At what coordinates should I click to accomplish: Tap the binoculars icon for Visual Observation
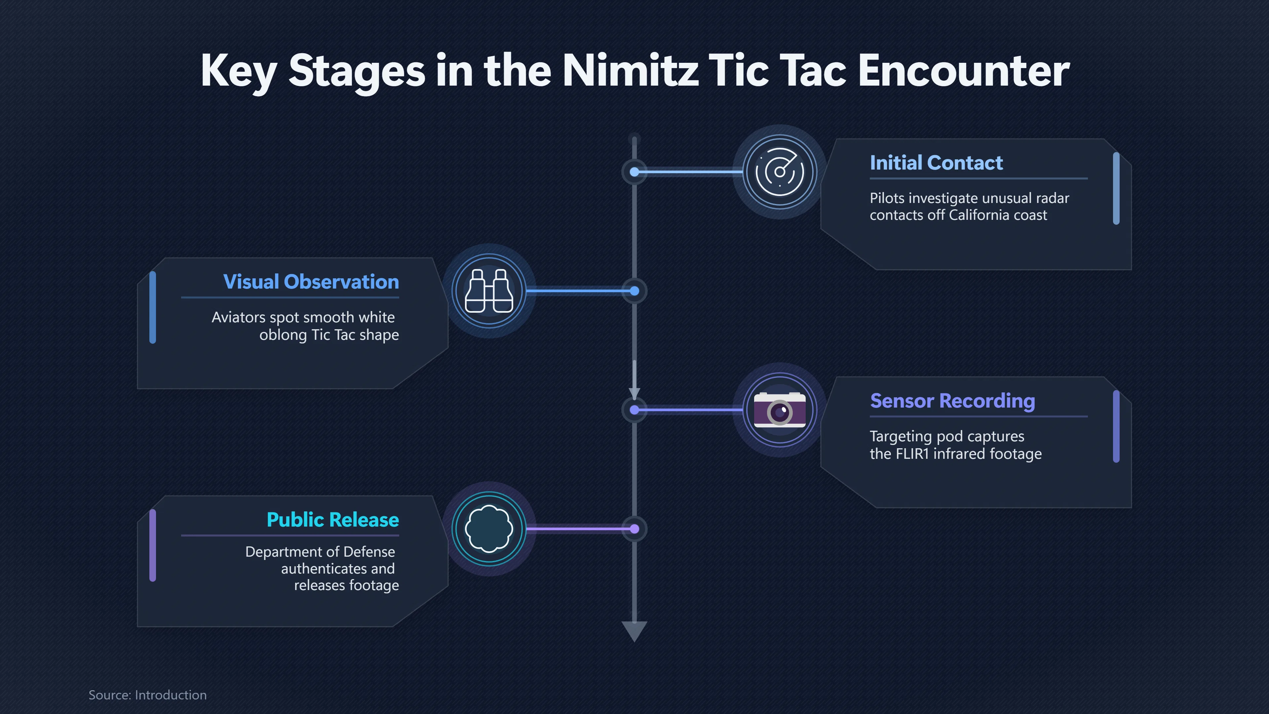click(489, 291)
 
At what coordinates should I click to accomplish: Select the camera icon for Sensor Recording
click(780, 410)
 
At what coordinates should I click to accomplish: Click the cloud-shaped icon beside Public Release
click(489, 529)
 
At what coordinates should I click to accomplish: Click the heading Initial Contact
click(936, 163)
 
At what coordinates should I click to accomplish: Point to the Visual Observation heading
click(311, 282)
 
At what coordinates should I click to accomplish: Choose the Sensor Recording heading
click(952, 401)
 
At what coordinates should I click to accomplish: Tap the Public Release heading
click(332, 520)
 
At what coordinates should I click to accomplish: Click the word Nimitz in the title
click(630, 70)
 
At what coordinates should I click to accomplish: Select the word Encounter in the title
click(964, 70)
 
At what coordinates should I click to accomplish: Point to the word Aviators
click(238, 317)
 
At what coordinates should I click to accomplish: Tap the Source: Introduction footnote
click(147, 695)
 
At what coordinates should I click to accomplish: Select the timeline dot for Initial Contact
click(634, 172)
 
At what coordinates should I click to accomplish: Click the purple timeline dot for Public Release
click(634, 529)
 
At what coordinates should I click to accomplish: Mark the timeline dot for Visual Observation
click(634, 291)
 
